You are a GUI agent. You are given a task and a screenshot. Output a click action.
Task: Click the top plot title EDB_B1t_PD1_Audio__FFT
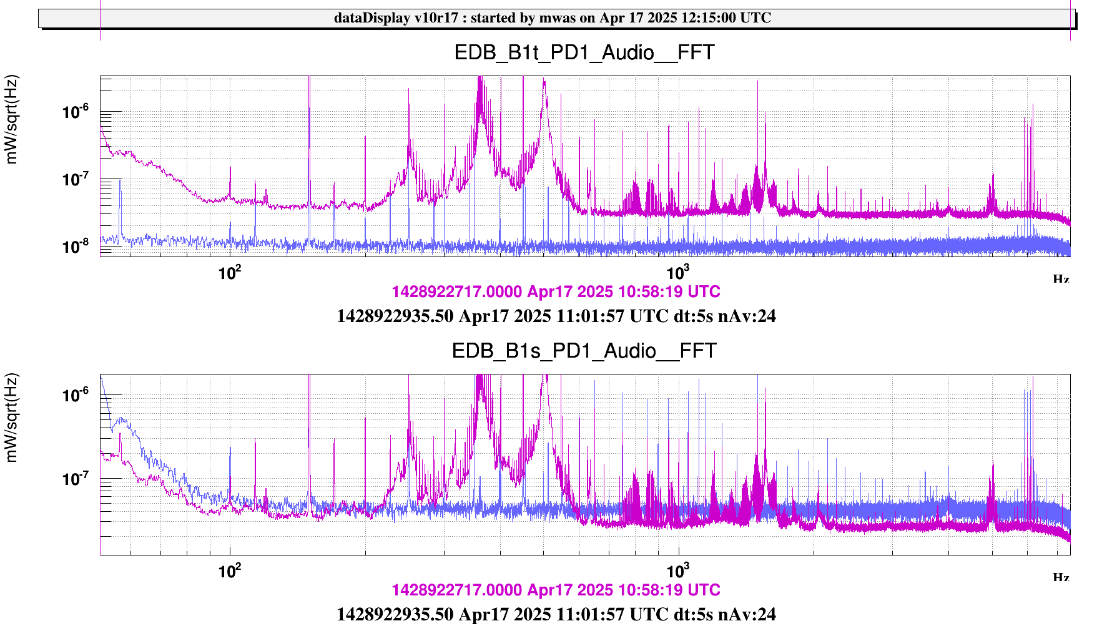[x=584, y=52]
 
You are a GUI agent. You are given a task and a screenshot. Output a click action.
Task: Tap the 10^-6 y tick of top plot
[x=76, y=112]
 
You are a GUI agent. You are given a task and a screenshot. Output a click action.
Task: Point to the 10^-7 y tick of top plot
[x=76, y=180]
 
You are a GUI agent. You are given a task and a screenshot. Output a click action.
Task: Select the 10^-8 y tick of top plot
[x=76, y=247]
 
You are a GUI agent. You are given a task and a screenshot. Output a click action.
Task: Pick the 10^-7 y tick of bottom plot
[x=76, y=479]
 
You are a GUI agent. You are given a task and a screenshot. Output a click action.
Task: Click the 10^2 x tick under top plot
[x=230, y=273]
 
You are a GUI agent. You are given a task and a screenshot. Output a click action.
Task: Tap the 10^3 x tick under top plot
[x=677, y=273]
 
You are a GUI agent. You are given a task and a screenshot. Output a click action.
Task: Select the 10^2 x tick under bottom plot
[x=230, y=571]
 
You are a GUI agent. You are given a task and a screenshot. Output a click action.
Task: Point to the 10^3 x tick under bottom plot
[x=677, y=571]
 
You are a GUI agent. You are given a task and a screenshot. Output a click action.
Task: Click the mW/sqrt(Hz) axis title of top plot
[x=12, y=119]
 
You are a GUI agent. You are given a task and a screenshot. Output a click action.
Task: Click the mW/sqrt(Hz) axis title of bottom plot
[x=12, y=418]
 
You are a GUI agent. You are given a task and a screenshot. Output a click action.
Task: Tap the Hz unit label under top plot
[x=1061, y=279]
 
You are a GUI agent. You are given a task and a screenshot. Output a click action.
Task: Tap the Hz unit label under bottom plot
[x=1061, y=577]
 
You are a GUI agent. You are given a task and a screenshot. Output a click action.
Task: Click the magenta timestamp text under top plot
[x=556, y=291]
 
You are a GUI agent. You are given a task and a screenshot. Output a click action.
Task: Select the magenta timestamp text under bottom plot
[x=556, y=590]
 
